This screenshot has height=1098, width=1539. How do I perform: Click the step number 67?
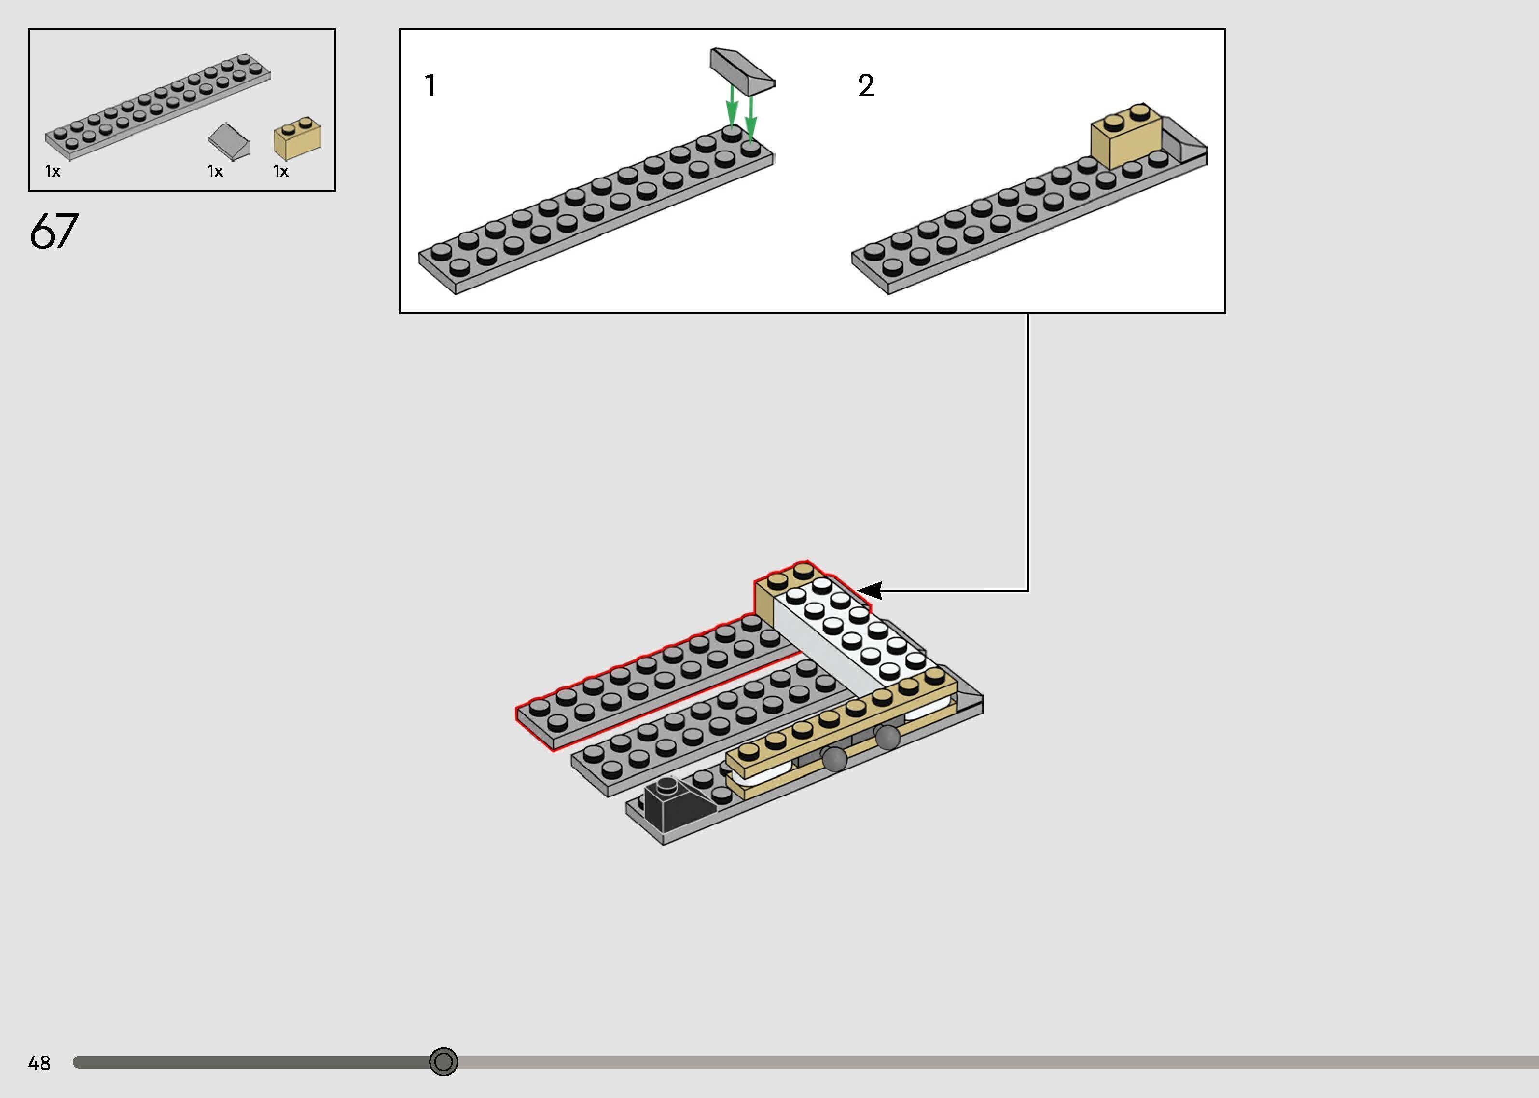pos(54,231)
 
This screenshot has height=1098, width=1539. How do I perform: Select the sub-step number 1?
pos(430,86)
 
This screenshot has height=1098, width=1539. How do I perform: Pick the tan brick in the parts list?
pos(297,139)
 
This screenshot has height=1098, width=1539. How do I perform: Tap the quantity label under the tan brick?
pos(280,172)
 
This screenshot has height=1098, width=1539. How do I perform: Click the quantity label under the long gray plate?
pos(53,172)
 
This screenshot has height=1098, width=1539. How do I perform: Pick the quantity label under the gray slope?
pos(215,172)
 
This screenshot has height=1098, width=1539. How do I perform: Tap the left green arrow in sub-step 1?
pos(732,111)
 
